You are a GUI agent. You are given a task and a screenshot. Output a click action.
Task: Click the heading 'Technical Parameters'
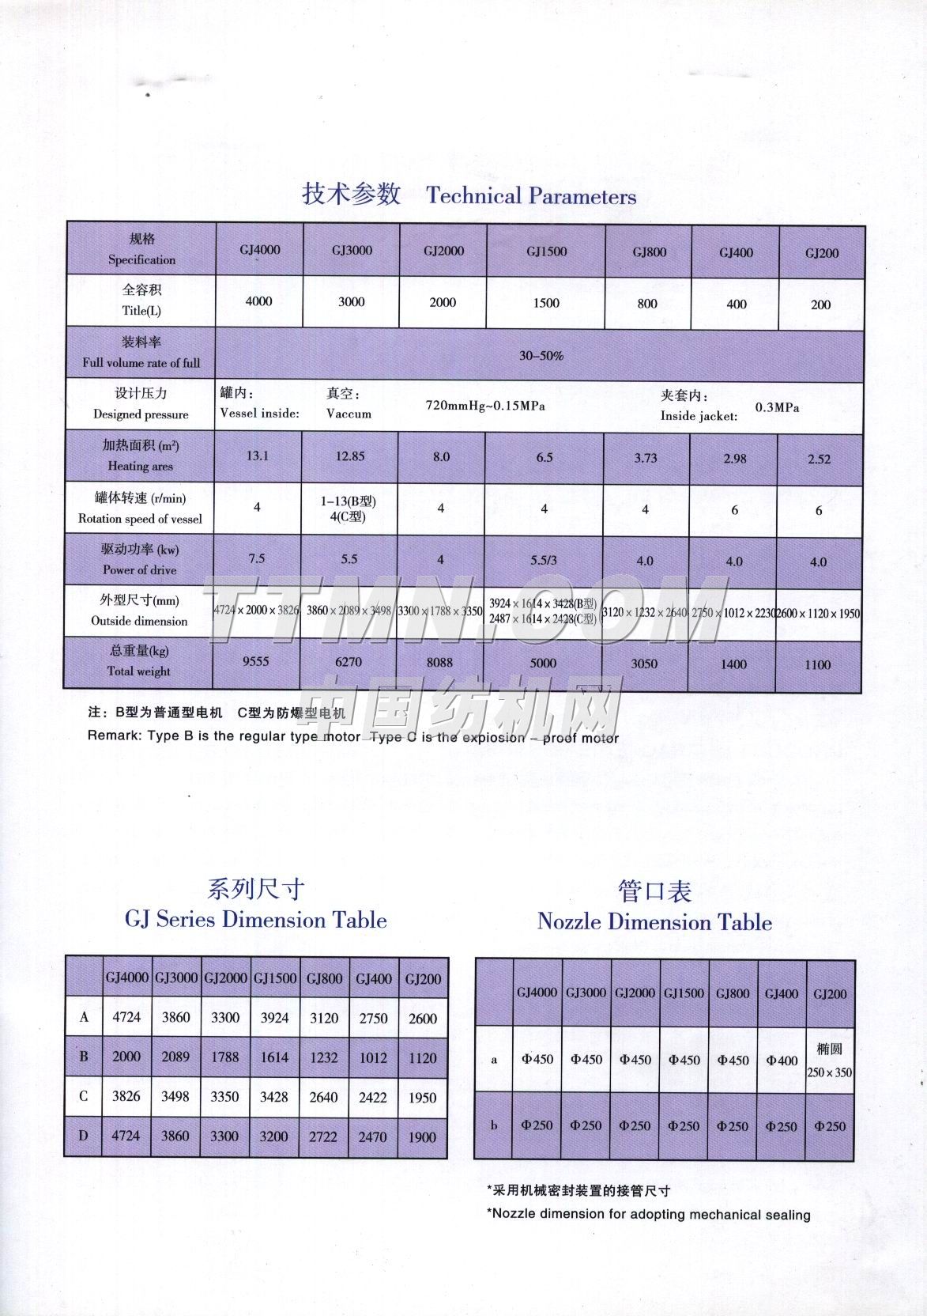pyautogui.click(x=531, y=196)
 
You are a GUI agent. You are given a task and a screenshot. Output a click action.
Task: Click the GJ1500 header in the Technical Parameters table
pyautogui.click(x=546, y=251)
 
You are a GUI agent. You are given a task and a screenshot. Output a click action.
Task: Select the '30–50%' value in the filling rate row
pyautogui.click(x=541, y=356)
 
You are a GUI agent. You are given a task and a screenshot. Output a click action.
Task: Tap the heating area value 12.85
pyautogui.click(x=350, y=456)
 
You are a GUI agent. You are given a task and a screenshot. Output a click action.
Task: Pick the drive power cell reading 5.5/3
pyautogui.click(x=543, y=560)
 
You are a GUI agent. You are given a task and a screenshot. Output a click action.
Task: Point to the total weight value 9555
pyautogui.click(x=256, y=661)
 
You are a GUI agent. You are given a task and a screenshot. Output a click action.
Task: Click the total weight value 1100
pyautogui.click(x=817, y=665)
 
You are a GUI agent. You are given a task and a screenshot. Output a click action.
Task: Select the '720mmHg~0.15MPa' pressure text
pyautogui.click(x=485, y=406)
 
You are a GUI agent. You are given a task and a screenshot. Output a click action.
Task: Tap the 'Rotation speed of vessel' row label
pyautogui.click(x=140, y=519)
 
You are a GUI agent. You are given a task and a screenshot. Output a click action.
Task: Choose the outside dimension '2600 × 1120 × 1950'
pyautogui.click(x=818, y=614)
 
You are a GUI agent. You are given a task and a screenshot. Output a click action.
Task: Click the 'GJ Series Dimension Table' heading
pyautogui.click(x=255, y=920)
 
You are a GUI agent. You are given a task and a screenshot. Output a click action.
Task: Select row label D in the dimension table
pyautogui.click(x=84, y=1136)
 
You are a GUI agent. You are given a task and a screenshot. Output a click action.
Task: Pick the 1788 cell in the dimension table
pyautogui.click(x=225, y=1057)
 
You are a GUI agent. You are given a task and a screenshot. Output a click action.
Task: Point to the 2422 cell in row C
pyautogui.click(x=373, y=1097)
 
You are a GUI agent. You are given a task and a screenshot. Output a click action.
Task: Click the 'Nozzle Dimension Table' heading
pyautogui.click(x=654, y=922)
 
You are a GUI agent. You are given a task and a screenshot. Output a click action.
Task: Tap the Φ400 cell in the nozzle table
pyautogui.click(x=782, y=1061)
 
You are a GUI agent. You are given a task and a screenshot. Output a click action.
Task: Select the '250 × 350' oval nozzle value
pyautogui.click(x=830, y=1073)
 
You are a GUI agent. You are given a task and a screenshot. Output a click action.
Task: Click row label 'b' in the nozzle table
pyautogui.click(x=494, y=1125)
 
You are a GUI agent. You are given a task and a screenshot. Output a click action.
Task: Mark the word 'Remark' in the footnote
pyautogui.click(x=115, y=736)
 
